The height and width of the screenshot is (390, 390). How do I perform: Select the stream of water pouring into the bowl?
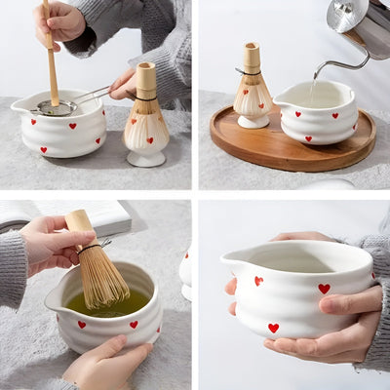(x=314, y=83)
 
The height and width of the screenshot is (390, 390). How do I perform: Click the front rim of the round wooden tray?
(x=292, y=161)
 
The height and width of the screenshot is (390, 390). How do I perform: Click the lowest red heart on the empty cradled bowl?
(x=273, y=328)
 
